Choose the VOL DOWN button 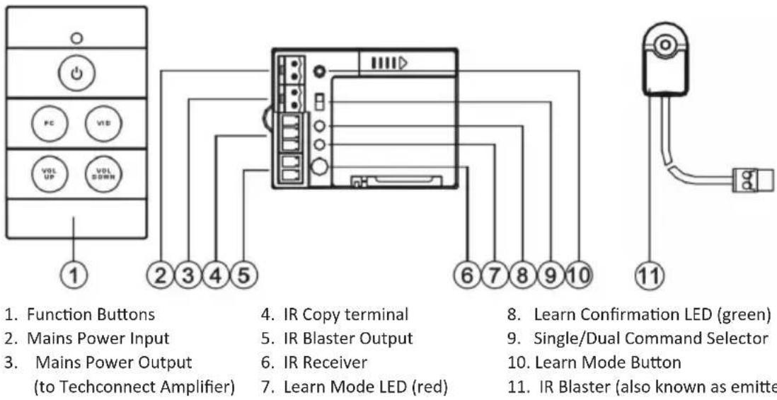coord(101,174)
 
